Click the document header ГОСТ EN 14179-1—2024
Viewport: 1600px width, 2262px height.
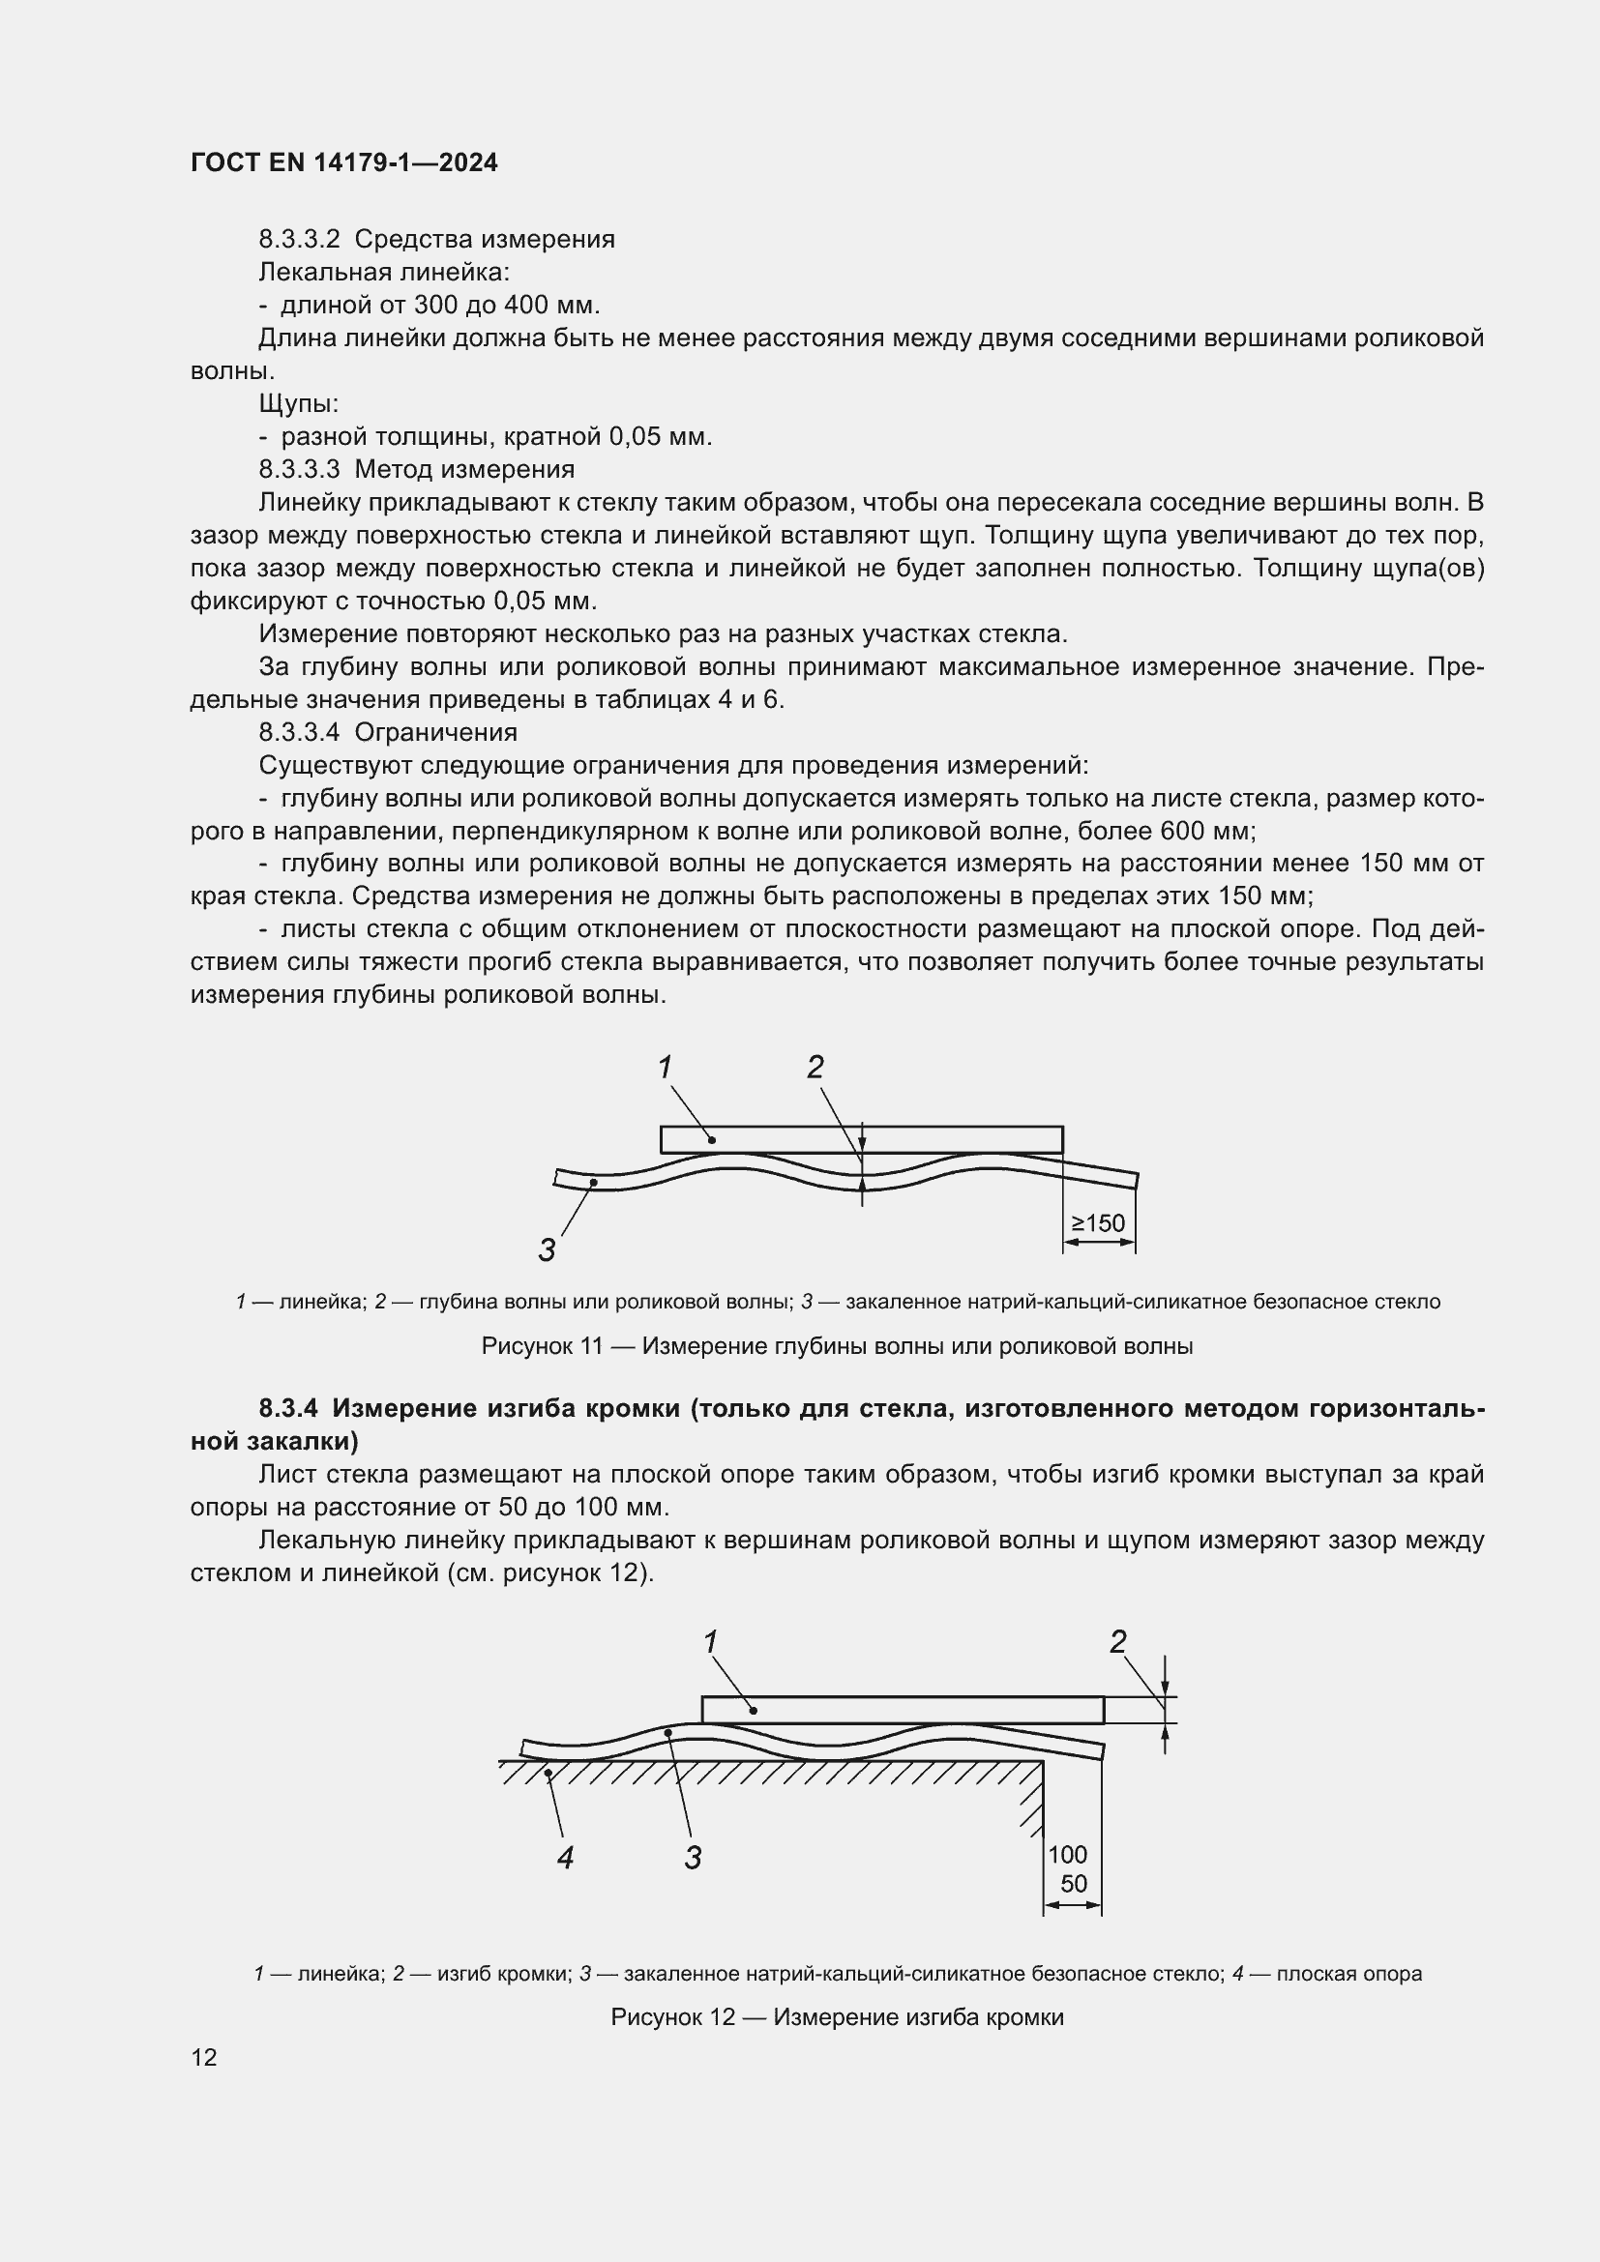click(x=343, y=162)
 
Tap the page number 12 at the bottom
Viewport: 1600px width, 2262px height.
click(x=204, y=2058)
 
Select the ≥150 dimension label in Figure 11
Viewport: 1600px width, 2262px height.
click(x=1098, y=1223)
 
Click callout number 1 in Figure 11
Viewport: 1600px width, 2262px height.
click(x=665, y=1067)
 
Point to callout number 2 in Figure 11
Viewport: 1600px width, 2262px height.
click(x=815, y=1067)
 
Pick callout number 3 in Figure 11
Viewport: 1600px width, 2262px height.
click(x=547, y=1250)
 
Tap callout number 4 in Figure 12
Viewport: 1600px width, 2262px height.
click(x=565, y=1858)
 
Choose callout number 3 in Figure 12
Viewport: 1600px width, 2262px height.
click(x=693, y=1858)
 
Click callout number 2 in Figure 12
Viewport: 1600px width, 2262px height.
click(x=1118, y=1642)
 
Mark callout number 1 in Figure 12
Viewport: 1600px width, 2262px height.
click(x=710, y=1642)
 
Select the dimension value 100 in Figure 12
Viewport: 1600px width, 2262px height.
click(x=1067, y=1855)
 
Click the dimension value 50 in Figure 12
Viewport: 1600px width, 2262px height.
click(x=1073, y=1885)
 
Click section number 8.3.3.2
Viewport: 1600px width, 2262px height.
click(x=299, y=240)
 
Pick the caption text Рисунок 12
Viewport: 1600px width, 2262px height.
click(x=673, y=2009)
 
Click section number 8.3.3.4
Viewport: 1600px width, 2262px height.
click(x=299, y=733)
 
